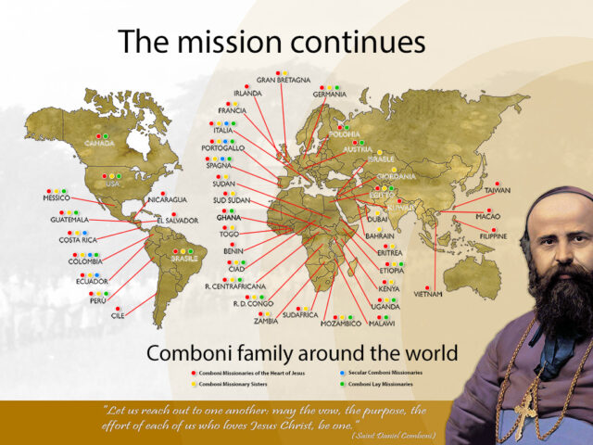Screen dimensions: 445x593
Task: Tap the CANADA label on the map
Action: (99, 144)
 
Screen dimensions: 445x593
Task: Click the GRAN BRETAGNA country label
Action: (283, 80)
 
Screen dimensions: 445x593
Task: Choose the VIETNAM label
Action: (428, 294)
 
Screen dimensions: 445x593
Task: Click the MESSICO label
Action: (57, 198)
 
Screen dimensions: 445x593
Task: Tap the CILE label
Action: (118, 316)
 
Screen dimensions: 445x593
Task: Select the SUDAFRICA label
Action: (300, 315)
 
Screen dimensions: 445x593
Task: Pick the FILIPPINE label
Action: (493, 236)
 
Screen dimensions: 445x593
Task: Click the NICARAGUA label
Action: (167, 200)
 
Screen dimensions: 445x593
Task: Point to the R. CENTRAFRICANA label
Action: (235, 286)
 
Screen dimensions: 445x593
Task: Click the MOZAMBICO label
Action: (341, 324)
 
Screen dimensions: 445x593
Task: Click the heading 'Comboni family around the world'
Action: (301, 352)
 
